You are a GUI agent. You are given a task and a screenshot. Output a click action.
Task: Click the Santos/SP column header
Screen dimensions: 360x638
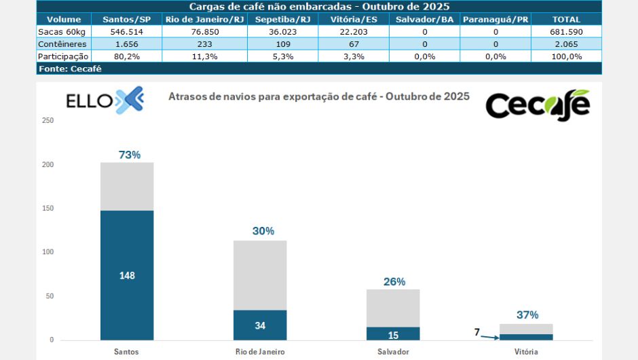pyautogui.click(x=127, y=19)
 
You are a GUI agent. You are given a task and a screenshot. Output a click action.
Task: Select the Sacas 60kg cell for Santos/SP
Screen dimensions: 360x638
pyautogui.click(x=127, y=31)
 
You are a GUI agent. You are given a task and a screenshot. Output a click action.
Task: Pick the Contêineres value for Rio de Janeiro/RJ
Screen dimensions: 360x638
pyautogui.click(x=204, y=43)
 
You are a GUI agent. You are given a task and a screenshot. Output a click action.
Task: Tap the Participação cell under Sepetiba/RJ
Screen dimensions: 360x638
pyautogui.click(x=282, y=56)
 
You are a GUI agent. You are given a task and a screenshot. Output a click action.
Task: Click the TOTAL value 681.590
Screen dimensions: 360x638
pyautogui.click(x=566, y=31)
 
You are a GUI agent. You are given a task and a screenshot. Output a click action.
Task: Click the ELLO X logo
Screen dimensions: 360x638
pyautogui.click(x=105, y=101)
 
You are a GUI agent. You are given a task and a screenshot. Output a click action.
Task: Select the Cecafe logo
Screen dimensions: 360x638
pyautogui.click(x=537, y=105)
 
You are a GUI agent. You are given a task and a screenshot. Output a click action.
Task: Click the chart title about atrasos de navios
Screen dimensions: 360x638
pyautogui.click(x=318, y=96)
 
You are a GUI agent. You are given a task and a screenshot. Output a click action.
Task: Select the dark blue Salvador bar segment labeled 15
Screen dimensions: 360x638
pyautogui.click(x=393, y=334)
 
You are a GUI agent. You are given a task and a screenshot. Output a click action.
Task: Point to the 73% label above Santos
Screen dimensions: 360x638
pyautogui.click(x=130, y=155)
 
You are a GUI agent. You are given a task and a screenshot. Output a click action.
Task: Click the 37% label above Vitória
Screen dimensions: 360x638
pyautogui.click(x=527, y=314)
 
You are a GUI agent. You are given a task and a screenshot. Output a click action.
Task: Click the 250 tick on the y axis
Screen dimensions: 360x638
pyautogui.click(x=48, y=121)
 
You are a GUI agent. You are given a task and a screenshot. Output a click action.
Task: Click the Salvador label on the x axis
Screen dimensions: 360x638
pyautogui.click(x=393, y=352)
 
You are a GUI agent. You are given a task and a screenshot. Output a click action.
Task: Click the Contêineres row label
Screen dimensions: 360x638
pyautogui.click(x=62, y=43)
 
